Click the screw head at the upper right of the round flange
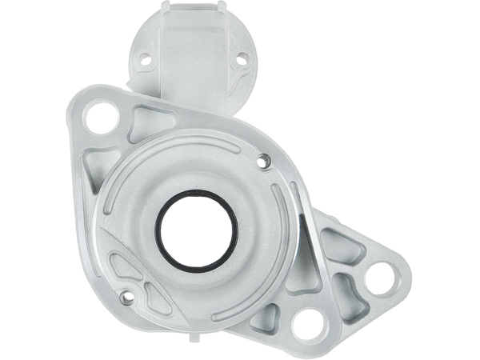tap(264, 163)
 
